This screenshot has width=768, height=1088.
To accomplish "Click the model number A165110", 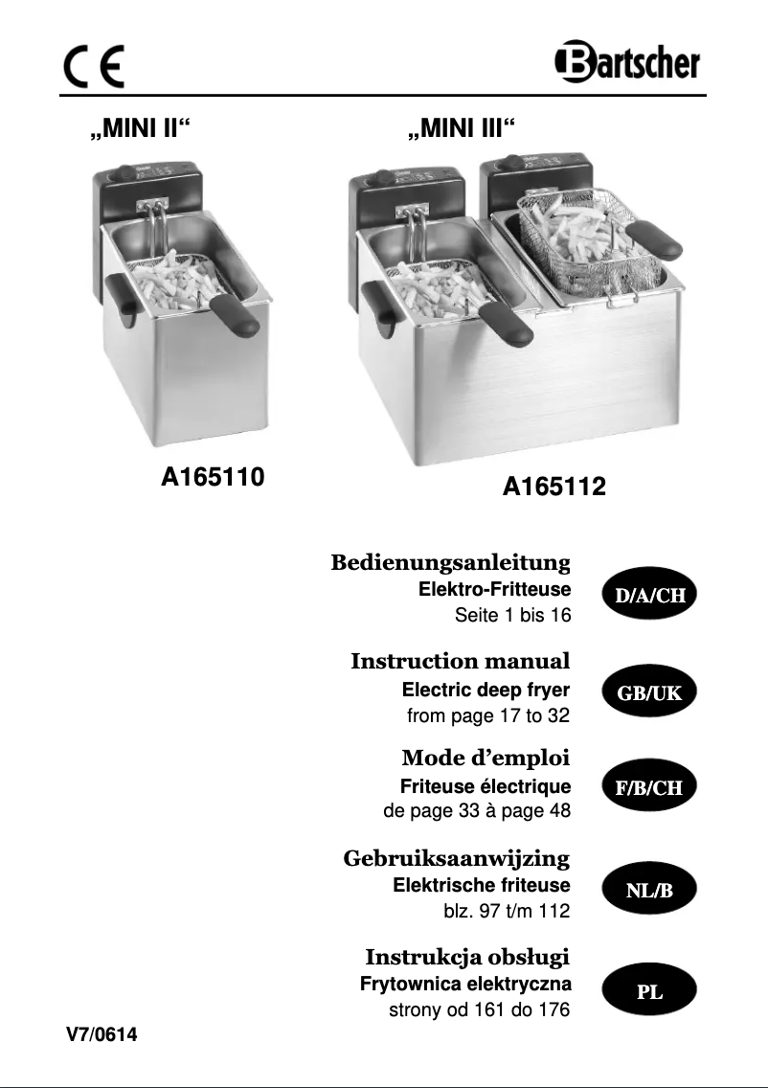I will tap(212, 475).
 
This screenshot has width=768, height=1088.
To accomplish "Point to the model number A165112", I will tap(554, 487).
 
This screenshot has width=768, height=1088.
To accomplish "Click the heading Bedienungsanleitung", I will tap(450, 561).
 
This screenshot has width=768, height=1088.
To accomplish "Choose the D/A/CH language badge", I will tap(650, 595).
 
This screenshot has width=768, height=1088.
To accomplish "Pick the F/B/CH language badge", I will tap(650, 788).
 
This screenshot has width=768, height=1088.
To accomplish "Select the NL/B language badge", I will tap(650, 891).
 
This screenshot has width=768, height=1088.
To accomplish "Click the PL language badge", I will tap(650, 992).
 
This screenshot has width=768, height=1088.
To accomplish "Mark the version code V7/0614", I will tap(102, 1033).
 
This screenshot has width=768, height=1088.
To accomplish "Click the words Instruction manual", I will tap(460, 661).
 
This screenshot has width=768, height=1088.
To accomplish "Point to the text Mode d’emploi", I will tap(486, 759).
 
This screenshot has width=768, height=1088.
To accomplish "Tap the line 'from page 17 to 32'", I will tap(488, 714).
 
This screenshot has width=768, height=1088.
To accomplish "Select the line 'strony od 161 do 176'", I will tap(479, 1009).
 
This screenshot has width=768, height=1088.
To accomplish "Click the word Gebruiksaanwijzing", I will tap(456, 858).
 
